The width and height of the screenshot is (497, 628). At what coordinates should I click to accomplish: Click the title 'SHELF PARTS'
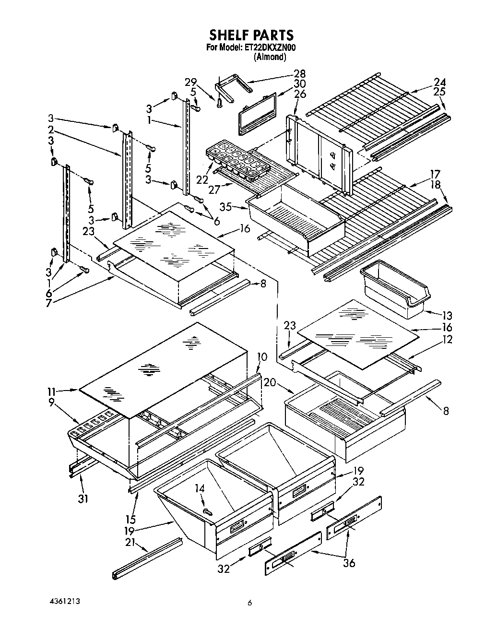point(250,35)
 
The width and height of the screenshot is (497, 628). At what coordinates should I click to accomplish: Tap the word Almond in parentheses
point(270,57)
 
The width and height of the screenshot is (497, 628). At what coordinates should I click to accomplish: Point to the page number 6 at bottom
point(249,604)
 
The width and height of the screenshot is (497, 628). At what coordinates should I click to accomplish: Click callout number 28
point(299,73)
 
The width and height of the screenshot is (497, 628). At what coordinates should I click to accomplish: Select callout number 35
point(225,207)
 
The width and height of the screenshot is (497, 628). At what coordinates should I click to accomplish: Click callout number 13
point(447,315)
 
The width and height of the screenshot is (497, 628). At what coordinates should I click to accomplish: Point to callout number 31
point(83,499)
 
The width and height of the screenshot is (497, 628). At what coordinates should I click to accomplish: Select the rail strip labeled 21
point(147,557)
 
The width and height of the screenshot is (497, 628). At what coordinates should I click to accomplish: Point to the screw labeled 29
point(220,102)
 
